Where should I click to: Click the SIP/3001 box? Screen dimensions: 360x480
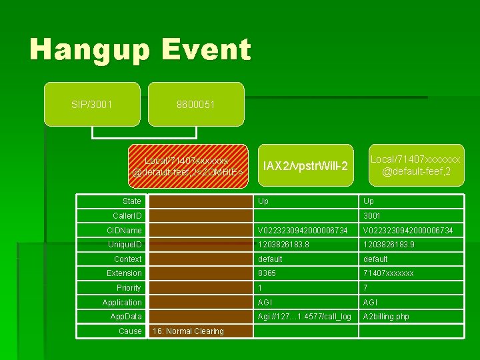coord(92,105)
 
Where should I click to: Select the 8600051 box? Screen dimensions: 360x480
coord(196,105)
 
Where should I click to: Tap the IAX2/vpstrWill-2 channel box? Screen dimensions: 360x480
coord(305,165)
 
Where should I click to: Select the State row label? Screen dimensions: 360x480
coord(132,201)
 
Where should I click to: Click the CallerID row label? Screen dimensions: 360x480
coord(127,216)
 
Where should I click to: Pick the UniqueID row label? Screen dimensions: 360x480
coord(125,245)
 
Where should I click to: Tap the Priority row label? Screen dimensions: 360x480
coord(129,288)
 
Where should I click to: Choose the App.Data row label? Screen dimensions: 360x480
coord(126,317)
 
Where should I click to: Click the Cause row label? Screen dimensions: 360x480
coord(130,331)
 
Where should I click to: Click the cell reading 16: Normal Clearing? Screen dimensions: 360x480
coord(188,331)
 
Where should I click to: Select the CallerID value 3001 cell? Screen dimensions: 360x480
coord(371,216)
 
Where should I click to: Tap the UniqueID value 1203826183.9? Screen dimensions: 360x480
coord(393,245)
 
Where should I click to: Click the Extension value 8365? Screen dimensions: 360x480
coord(267,273)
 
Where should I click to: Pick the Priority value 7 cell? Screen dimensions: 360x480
coord(365,288)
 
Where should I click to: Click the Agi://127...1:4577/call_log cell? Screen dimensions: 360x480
coord(305,317)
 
